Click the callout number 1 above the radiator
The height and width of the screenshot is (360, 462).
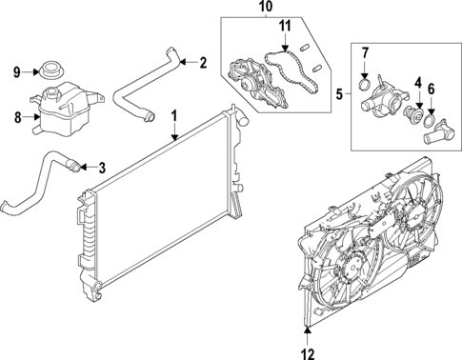coord(174,115)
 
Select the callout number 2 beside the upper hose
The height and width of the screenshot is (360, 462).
coord(203,63)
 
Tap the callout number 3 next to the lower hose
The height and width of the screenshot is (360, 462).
coord(102,169)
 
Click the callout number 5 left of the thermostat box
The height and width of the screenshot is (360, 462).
coord(340,94)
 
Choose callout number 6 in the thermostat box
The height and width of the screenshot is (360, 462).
coord(432,90)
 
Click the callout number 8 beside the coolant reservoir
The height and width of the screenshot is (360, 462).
coord(16,117)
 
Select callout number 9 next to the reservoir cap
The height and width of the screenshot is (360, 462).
coord(16,71)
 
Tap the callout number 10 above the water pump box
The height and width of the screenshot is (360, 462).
coord(264,9)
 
